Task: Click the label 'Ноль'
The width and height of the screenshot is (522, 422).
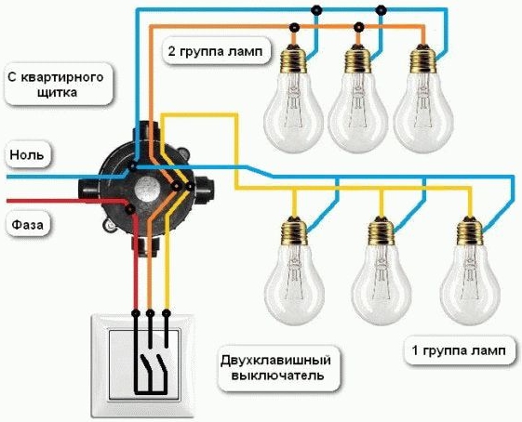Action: [27, 155]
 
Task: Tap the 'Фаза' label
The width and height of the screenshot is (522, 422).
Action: [27, 225]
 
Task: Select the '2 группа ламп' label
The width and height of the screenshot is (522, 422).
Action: [215, 51]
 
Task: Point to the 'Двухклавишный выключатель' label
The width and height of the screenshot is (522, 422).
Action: [275, 368]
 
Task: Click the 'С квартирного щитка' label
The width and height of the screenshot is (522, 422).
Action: [56, 85]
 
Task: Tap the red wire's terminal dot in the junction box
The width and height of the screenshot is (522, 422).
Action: [129, 209]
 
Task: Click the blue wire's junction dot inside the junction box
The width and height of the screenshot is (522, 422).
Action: [132, 166]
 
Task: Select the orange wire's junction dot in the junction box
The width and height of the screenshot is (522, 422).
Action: [175, 186]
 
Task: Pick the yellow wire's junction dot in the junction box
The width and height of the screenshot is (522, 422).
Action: [189, 187]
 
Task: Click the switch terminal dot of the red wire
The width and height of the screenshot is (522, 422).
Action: [135, 313]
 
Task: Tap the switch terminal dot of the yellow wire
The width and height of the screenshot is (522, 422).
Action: [167, 313]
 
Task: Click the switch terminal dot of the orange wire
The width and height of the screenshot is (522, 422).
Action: [151, 313]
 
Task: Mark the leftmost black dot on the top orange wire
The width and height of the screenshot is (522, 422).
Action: [294, 27]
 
